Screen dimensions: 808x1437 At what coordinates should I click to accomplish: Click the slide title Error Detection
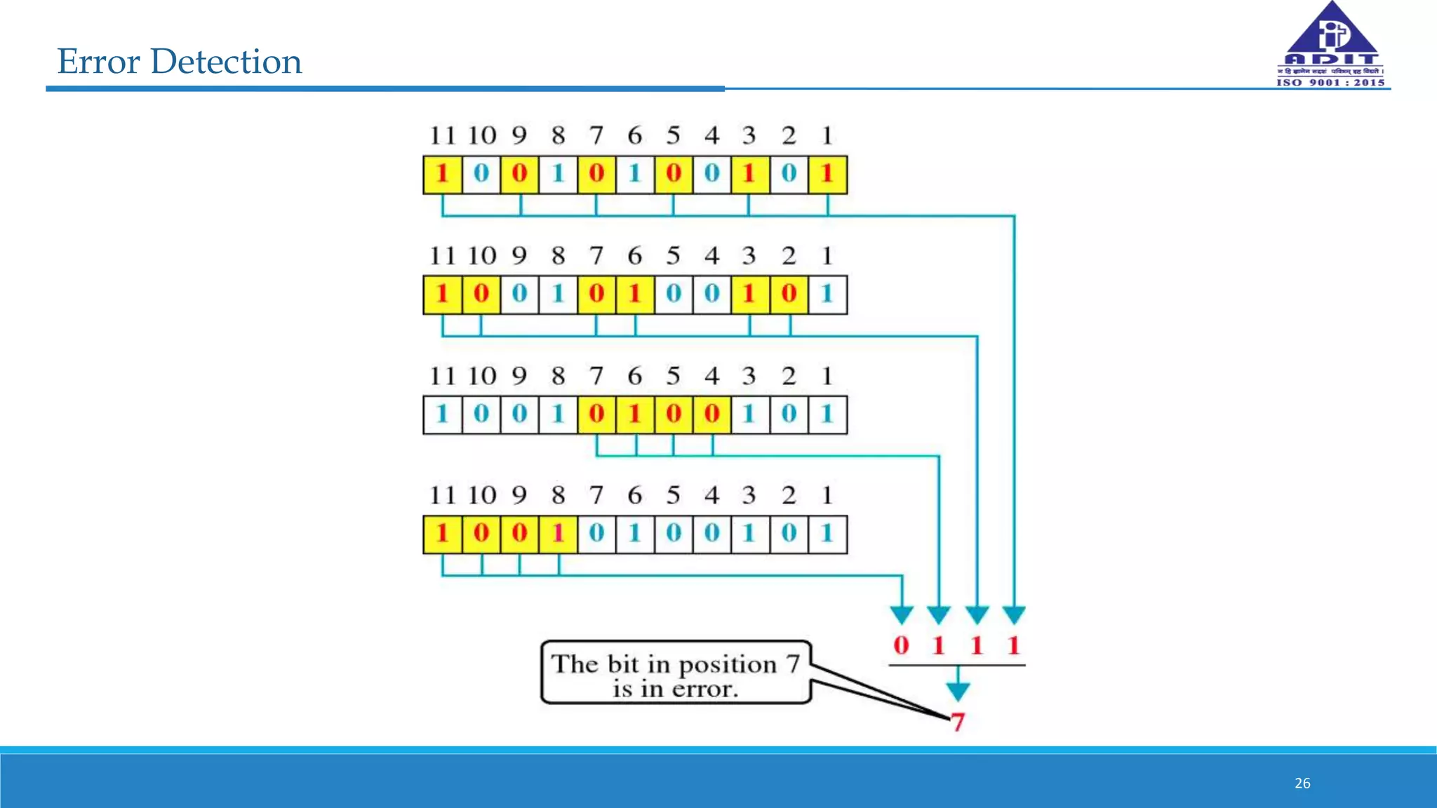[180, 62]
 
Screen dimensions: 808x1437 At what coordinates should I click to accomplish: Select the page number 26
[1302, 783]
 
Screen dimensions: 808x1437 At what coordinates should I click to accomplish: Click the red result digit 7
[958, 722]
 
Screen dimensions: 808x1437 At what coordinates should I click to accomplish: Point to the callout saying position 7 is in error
[676, 673]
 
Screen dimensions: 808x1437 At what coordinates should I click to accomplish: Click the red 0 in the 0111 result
[902, 645]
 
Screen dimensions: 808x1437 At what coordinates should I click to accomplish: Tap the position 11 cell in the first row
[442, 175]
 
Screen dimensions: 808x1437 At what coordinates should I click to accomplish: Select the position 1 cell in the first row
[827, 175]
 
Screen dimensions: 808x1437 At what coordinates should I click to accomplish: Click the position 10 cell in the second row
[481, 295]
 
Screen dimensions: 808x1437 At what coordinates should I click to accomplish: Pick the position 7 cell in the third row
[596, 415]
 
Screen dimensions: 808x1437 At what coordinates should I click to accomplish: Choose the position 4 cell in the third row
[712, 415]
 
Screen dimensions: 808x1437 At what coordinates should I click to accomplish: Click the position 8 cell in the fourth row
[559, 534]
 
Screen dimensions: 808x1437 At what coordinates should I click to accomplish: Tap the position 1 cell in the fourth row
[827, 534]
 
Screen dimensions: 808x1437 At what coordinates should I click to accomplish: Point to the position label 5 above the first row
[674, 135]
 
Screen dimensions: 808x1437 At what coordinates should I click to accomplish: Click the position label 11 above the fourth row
[442, 496]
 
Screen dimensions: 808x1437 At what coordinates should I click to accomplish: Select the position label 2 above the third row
[789, 376]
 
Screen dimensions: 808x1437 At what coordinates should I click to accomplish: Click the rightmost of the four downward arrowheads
[1014, 615]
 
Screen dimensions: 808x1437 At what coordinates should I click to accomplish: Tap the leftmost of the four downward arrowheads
[902, 615]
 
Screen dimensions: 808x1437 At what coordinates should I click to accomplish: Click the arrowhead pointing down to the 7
[958, 692]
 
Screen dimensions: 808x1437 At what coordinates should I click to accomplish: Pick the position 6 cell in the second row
[635, 295]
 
